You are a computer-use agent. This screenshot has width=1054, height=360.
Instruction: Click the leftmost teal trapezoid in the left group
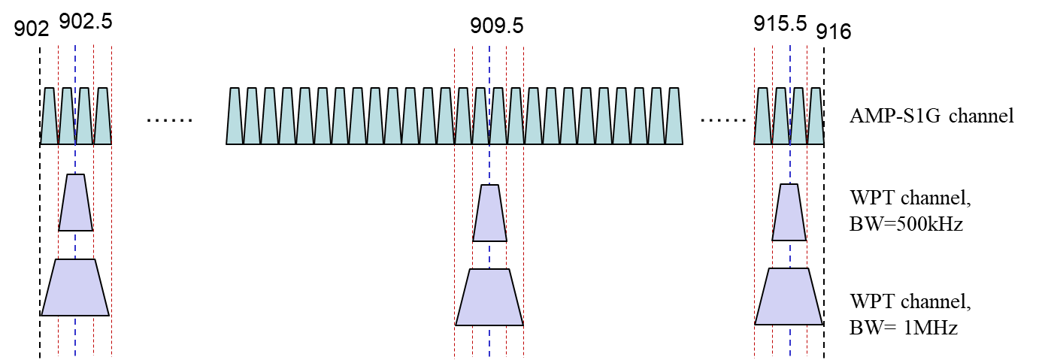point(50,116)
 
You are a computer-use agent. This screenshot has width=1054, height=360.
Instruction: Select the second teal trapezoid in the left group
point(67,116)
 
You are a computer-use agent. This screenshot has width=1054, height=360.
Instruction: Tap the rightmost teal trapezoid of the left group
point(103,116)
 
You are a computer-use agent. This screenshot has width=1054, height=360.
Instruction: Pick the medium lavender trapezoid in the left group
point(75,203)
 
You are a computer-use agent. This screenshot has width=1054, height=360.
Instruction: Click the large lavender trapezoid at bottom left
point(75,288)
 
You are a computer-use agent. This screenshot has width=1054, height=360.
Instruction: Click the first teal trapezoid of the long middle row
point(235,116)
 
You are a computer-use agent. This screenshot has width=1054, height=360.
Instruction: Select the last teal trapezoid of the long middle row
point(674,116)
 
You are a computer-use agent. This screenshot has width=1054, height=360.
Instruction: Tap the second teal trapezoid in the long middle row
point(252,116)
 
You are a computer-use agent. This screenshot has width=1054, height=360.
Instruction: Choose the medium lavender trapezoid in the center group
point(489,213)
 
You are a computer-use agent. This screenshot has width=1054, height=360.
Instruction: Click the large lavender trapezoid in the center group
point(489,298)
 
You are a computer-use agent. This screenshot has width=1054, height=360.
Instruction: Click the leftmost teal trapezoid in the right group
point(762,116)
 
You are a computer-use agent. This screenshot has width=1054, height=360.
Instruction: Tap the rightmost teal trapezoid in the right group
point(816,116)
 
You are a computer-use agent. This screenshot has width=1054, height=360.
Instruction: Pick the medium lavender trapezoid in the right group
point(789,213)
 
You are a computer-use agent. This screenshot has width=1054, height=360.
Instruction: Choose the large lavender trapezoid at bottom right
point(789,297)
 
